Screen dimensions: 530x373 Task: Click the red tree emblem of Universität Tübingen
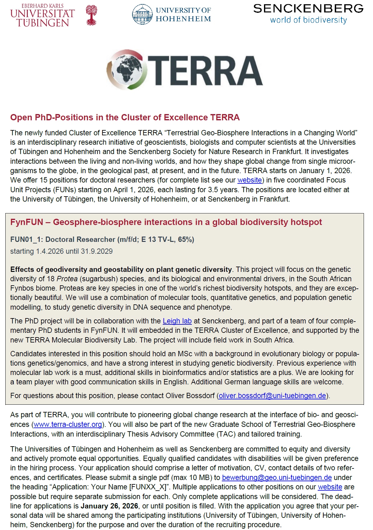(x=91, y=15)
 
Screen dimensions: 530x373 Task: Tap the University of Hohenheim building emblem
(x=142, y=14)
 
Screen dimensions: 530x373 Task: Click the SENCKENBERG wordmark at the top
(x=308, y=8)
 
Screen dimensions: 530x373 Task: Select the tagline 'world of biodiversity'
(x=308, y=20)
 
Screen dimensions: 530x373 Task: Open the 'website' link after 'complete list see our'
(x=250, y=180)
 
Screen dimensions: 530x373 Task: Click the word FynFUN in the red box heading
(x=27, y=222)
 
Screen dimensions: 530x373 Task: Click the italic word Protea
(x=67, y=279)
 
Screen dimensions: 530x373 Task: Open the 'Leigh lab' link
(x=177, y=321)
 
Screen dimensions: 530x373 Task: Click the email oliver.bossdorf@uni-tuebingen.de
(x=272, y=396)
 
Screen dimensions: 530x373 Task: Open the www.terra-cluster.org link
(x=68, y=424)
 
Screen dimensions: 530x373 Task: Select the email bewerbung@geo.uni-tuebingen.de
(x=277, y=477)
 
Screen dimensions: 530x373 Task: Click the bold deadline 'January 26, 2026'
(x=109, y=506)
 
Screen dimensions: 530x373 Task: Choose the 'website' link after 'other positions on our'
(x=330, y=487)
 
